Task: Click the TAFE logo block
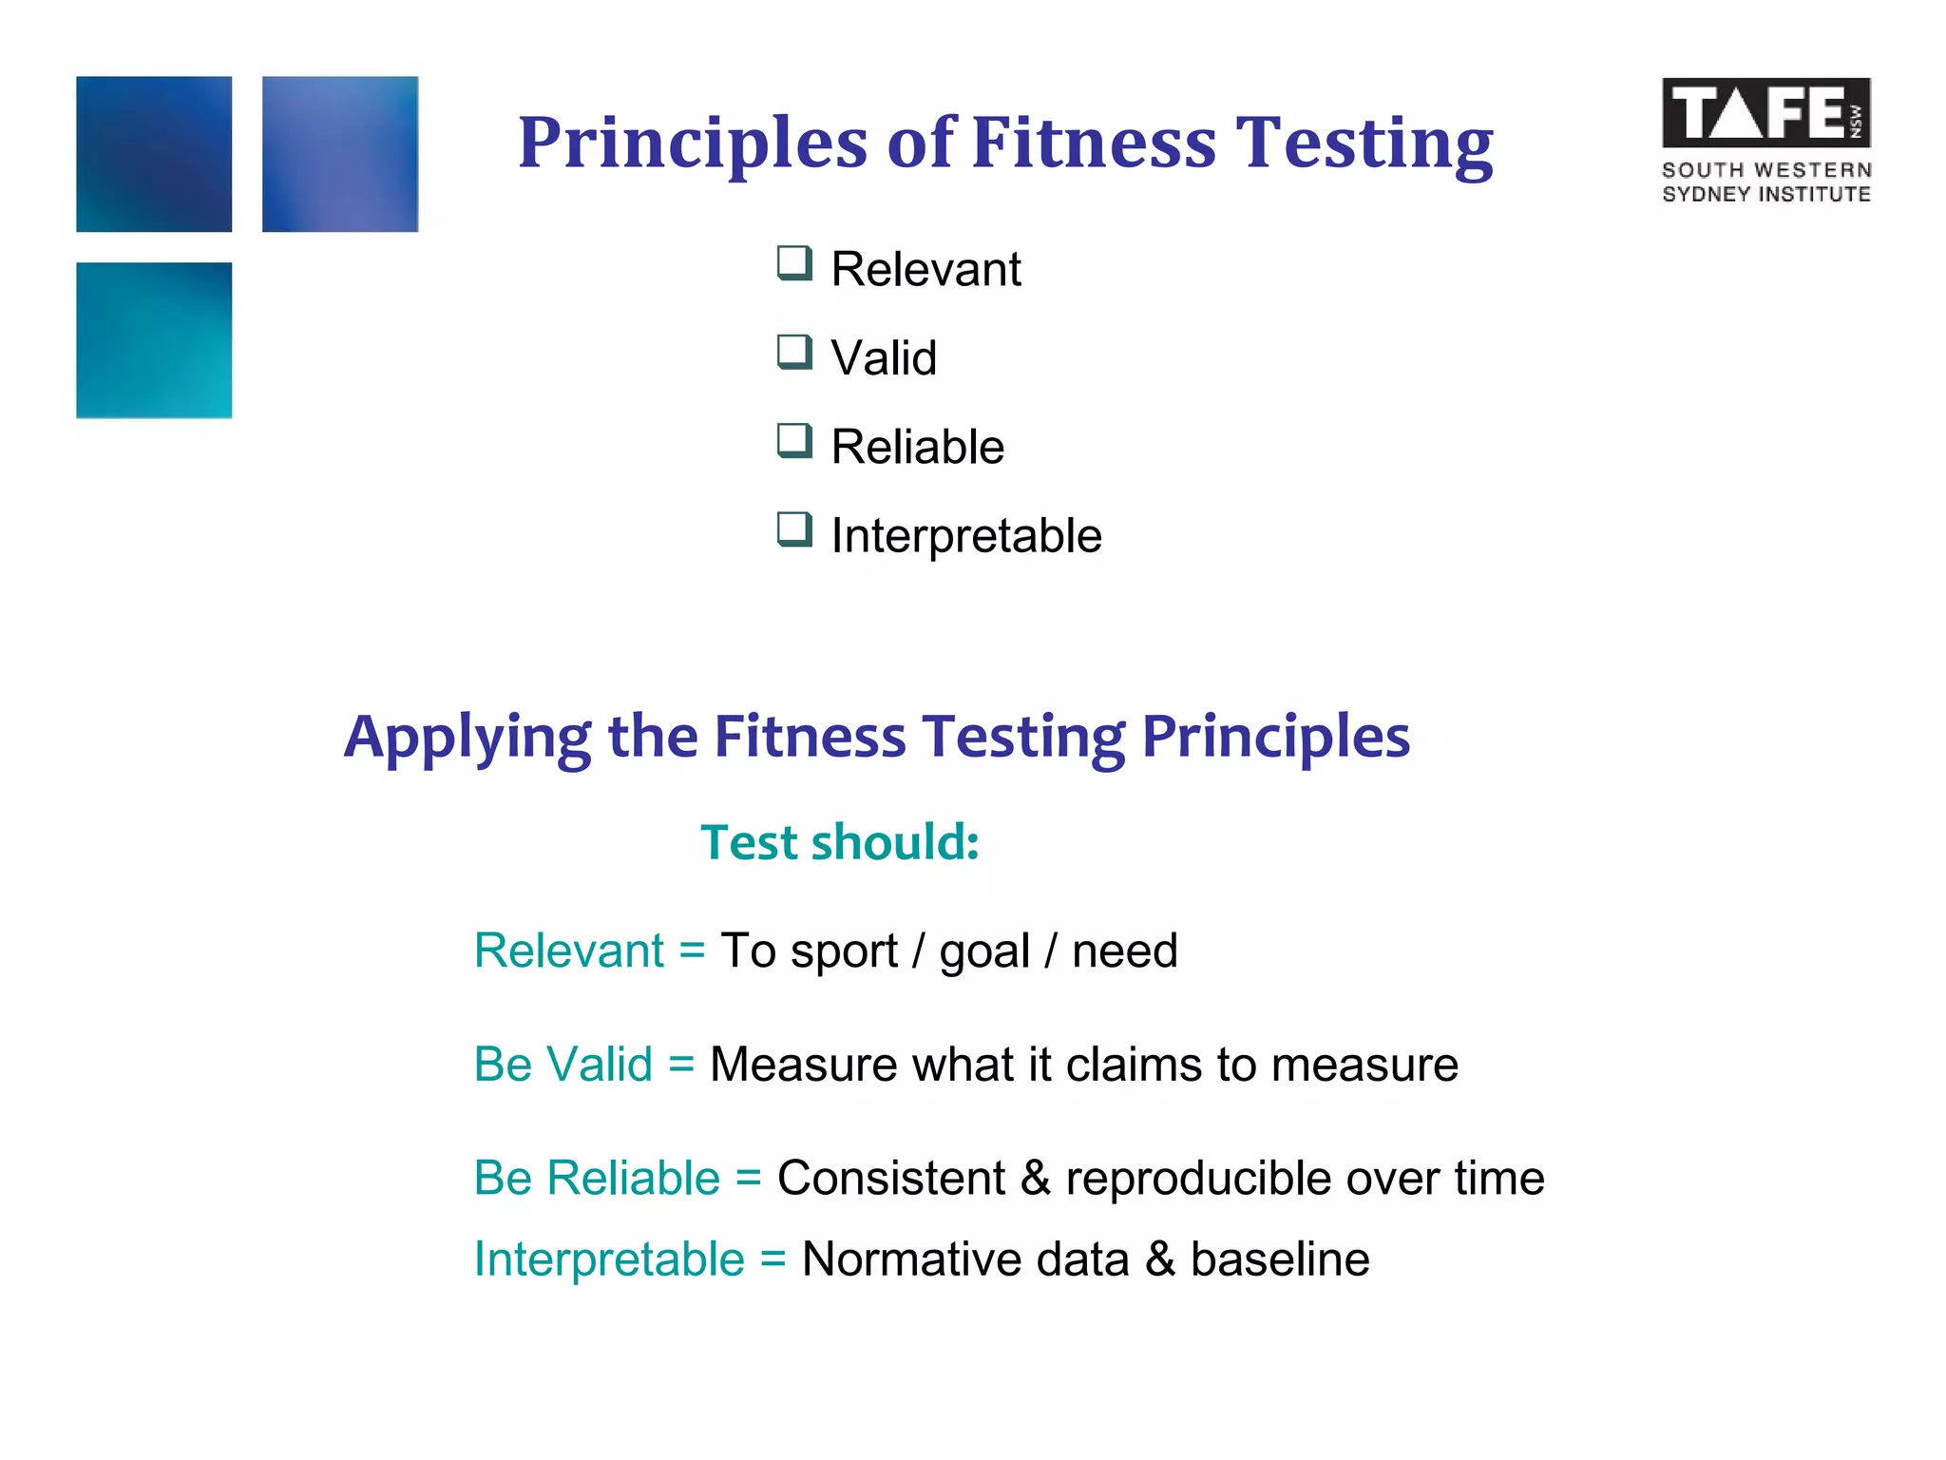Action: pos(1765,113)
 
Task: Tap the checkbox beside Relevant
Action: pos(794,263)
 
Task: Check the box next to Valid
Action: pos(794,352)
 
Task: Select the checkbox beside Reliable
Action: pos(794,441)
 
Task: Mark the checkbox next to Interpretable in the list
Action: pos(794,529)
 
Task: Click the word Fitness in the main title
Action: pos(1094,143)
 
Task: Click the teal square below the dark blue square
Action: pos(154,340)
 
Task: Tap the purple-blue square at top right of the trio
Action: pos(340,154)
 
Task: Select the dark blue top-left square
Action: pos(154,154)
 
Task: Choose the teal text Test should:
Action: pos(840,842)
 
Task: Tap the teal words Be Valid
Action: pos(563,1064)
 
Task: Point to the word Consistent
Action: pos(890,1178)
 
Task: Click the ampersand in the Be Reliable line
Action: pos(1036,1178)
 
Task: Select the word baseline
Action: pos(1279,1259)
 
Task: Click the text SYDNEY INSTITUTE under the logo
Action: pos(1765,194)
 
